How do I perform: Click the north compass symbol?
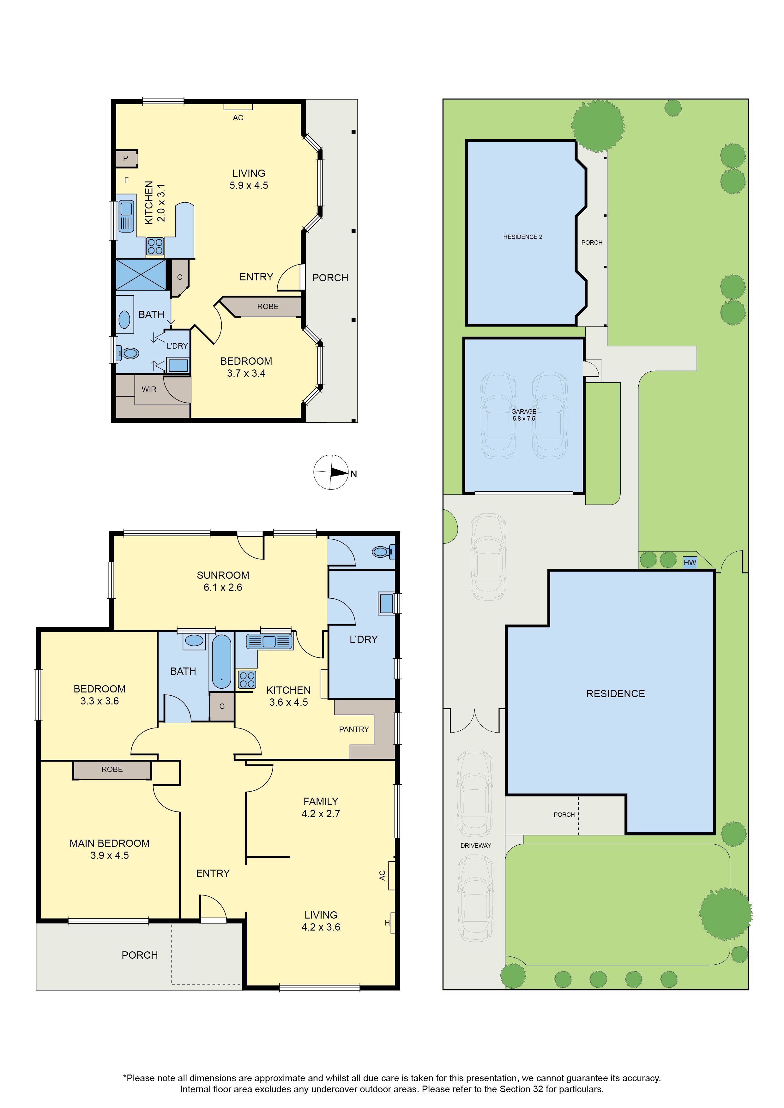(331, 472)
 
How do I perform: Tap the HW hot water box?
(690, 562)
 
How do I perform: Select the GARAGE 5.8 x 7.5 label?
(524, 415)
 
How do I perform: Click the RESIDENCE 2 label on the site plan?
(522, 237)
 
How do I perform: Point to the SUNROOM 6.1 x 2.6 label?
(223, 581)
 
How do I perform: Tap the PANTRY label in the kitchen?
(354, 729)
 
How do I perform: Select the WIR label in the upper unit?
(149, 389)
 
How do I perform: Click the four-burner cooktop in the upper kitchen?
(155, 247)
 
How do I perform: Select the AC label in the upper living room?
(238, 118)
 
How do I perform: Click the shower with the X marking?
(141, 275)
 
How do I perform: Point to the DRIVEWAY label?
(475, 846)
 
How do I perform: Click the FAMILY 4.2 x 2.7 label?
(321, 807)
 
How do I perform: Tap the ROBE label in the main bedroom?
(112, 769)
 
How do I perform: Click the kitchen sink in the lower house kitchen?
(269, 641)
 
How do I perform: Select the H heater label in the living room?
(387, 923)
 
